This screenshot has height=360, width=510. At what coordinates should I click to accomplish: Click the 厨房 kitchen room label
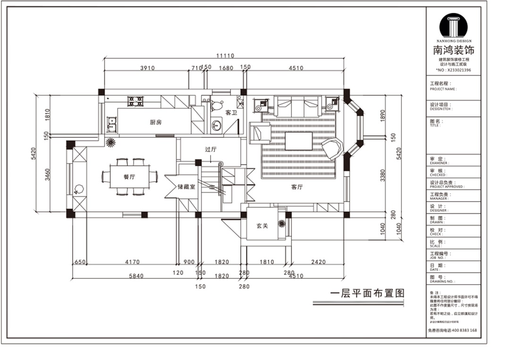point(156,122)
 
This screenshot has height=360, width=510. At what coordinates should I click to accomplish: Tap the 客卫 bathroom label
point(231,113)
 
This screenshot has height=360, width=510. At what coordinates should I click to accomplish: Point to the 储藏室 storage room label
point(187,187)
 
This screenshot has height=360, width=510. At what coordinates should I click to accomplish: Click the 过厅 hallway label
point(210,149)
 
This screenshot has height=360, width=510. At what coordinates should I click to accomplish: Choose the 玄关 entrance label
point(263,226)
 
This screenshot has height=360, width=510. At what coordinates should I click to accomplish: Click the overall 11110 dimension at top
point(225,56)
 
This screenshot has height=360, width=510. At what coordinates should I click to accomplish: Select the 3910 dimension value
point(147,68)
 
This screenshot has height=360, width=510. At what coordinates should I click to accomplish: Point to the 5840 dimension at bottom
point(136,276)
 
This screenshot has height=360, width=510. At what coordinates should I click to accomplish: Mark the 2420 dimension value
point(318,262)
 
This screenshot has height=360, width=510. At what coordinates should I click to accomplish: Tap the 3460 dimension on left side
point(47,176)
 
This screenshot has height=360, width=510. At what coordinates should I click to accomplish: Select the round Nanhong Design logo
point(453,26)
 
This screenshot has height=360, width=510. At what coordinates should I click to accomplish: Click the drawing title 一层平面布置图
point(367,293)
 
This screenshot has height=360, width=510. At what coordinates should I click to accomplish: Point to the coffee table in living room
point(298,141)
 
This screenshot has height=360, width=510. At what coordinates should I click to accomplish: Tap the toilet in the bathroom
point(217,106)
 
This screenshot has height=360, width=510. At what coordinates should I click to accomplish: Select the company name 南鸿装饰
point(453,50)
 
